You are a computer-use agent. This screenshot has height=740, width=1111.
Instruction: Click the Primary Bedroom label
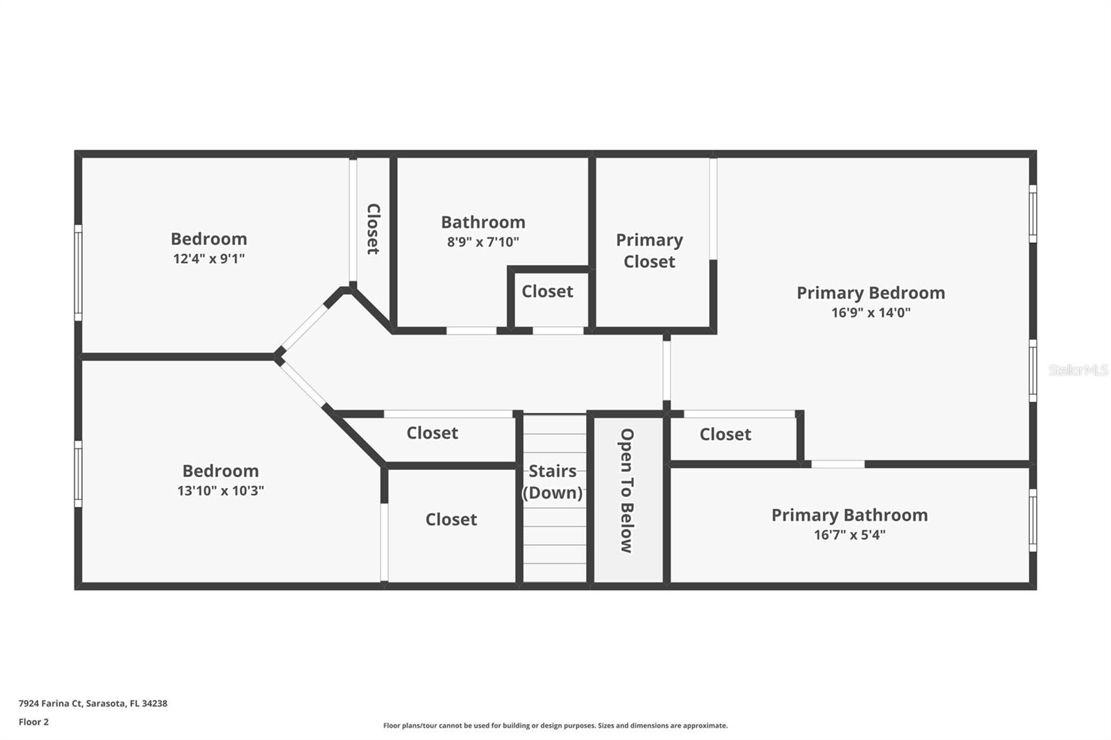pyautogui.click(x=870, y=293)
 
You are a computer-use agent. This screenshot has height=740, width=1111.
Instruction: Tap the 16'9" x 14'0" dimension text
pyautogui.click(x=870, y=312)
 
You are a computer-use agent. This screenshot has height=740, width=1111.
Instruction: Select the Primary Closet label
pyautogui.click(x=649, y=251)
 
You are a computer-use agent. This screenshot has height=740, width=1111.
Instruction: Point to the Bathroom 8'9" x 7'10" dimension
pyautogui.click(x=483, y=242)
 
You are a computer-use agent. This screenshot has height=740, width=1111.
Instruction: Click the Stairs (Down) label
pyautogui.click(x=553, y=482)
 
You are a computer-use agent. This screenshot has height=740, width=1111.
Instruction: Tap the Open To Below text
pyautogui.click(x=626, y=490)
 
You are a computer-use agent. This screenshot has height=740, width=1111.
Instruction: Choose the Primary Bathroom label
pyautogui.click(x=849, y=515)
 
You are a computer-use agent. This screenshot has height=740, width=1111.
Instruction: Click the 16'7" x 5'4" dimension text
pyautogui.click(x=849, y=535)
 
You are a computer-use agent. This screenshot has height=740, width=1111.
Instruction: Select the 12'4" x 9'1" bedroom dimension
pyautogui.click(x=208, y=259)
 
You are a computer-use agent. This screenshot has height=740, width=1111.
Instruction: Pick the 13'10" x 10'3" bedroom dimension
pyautogui.click(x=220, y=491)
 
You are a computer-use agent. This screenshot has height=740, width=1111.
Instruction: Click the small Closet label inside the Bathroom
pyautogui.click(x=547, y=292)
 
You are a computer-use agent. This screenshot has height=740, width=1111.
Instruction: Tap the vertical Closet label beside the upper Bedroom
pyautogui.click(x=373, y=228)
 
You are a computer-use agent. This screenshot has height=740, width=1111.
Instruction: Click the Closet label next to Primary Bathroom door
pyautogui.click(x=725, y=435)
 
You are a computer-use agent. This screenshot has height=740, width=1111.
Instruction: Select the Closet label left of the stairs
pyautogui.click(x=451, y=520)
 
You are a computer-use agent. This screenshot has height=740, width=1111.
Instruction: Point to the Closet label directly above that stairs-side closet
pyautogui.click(x=432, y=433)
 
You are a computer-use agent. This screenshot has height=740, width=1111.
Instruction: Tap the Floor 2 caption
pyautogui.click(x=33, y=722)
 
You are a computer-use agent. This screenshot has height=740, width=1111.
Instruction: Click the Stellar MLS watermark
pyautogui.click(x=1078, y=370)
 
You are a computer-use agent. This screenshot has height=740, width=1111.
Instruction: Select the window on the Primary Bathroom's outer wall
pyautogui.click(x=1033, y=520)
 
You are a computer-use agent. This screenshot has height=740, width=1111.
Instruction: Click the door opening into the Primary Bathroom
pyautogui.click(x=837, y=464)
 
